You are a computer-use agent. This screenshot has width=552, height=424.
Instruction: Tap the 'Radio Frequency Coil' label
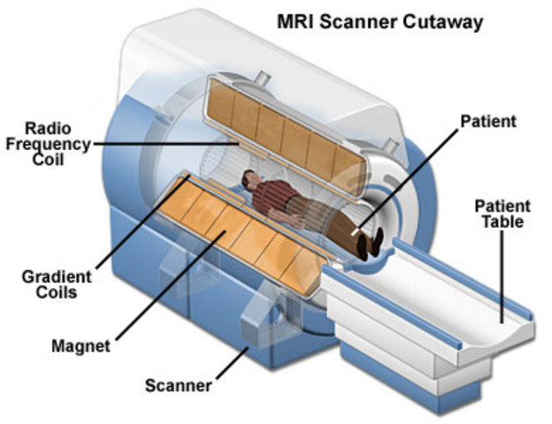tap(45, 144)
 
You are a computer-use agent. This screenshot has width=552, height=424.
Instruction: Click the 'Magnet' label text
tap(80, 347)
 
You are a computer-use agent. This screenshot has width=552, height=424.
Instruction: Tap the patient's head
tap(253, 181)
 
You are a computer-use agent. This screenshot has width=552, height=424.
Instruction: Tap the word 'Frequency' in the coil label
tap(45, 144)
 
